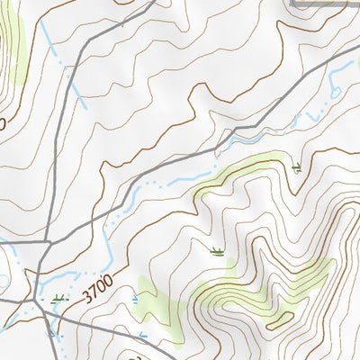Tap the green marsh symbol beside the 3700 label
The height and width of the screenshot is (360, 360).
point(59,298)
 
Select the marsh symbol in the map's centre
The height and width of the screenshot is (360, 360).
point(216,251)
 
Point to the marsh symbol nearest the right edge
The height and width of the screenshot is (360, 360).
point(298,167)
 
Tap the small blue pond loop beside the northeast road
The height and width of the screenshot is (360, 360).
point(335,89)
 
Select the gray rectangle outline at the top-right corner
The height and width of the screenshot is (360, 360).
point(328,4)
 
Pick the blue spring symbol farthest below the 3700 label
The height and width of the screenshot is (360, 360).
point(142,336)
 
